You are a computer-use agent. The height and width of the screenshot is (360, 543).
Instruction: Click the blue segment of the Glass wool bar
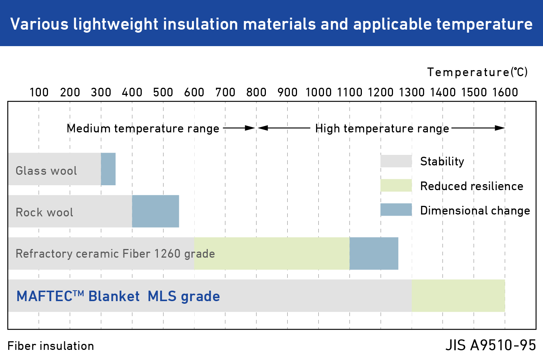[x=108, y=169]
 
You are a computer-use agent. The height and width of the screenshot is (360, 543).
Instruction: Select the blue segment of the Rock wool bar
[x=155, y=211]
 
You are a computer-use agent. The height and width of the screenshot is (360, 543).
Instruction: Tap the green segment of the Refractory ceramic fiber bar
[x=272, y=253]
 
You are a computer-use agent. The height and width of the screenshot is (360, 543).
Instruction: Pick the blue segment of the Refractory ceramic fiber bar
[x=374, y=253]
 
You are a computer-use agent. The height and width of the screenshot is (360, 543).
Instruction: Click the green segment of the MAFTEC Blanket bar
[x=458, y=295]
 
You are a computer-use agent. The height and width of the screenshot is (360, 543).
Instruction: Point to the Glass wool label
[x=46, y=171]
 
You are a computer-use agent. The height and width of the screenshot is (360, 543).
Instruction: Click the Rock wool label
[x=44, y=212]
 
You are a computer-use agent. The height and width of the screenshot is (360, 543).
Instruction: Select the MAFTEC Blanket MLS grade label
[x=118, y=296]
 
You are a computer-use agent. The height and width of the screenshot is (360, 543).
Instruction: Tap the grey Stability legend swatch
[x=396, y=161]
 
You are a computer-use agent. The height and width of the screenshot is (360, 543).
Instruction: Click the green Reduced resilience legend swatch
[x=396, y=185]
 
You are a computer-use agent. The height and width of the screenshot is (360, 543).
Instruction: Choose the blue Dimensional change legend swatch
[x=396, y=210]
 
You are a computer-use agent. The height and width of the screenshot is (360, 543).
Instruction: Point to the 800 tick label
[x=256, y=92]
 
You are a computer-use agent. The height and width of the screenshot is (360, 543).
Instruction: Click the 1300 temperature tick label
[x=411, y=92]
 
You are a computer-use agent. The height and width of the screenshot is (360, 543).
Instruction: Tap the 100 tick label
[x=39, y=92]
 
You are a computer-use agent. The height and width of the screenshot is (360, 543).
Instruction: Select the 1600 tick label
[x=505, y=92]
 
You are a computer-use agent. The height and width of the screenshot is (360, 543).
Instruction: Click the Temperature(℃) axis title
[x=477, y=72]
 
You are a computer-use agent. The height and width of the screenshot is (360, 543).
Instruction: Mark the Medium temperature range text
[x=143, y=128]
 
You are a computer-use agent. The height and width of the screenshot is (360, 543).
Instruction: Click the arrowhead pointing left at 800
[x=262, y=128]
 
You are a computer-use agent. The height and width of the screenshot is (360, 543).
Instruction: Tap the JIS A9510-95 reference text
[x=490, y=345]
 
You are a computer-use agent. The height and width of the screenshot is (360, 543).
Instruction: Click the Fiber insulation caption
[x=51, y=346]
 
